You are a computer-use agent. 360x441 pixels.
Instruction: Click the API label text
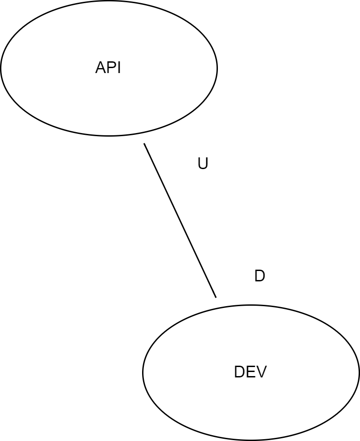coord(108,68)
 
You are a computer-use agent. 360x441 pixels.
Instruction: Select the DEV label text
coord(250,372)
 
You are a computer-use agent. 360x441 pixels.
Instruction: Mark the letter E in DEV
coord(250,372)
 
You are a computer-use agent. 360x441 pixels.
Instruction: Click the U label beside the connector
coord(203,164)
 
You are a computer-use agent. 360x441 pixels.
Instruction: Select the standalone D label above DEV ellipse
coord(259,276)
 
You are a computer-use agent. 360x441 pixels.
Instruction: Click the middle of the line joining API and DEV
coord(180,220)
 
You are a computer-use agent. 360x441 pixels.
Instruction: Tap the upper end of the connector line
coord(144,144)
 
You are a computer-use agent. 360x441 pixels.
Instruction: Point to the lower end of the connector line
coord(216,297)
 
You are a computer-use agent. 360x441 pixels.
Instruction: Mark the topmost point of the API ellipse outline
coord(109,1)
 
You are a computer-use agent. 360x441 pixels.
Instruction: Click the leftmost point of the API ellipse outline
coord(1,68)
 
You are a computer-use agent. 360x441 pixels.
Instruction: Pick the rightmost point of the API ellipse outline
coord(217,68)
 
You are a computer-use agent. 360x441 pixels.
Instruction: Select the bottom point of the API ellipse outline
coord(109,135)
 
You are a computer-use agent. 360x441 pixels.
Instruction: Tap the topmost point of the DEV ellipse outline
coord(251,305)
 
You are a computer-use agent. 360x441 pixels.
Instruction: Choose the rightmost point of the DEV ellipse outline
coord(359,372)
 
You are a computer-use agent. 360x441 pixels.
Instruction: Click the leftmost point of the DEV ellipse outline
coord(143,372)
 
